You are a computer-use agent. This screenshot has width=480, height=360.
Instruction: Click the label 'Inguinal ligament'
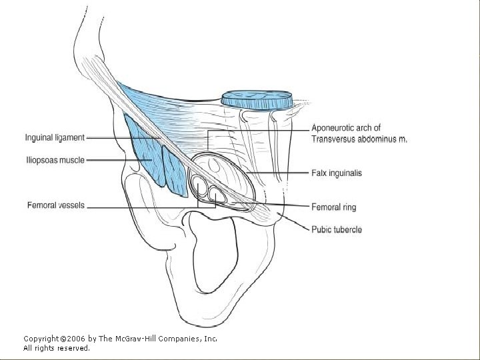click(x=55, y=138)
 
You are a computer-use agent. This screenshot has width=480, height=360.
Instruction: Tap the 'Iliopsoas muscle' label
click(x=55, y=160)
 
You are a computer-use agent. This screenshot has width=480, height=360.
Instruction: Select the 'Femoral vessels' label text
click(x=56, y=205)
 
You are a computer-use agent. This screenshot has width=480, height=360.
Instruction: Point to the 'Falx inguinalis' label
click(x=337, y=173)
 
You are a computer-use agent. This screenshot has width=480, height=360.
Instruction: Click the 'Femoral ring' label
click(x=334, y=207)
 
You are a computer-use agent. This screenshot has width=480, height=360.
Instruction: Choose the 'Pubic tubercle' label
click(x=337, y=229)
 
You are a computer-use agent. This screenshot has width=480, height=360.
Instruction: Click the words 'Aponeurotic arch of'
click(x=345, y=128)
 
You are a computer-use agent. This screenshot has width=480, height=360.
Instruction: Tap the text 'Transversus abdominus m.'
click(x=359, y=139)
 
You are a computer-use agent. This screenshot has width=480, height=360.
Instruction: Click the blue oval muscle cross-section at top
click(x=257, y=99)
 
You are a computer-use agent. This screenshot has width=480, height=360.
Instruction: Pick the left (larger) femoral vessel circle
click(x=200, y=186)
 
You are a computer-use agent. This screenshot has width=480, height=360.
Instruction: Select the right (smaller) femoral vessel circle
click(x=217, y=195)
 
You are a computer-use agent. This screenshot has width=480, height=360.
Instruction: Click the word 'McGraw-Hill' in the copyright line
click(x=139, y=339)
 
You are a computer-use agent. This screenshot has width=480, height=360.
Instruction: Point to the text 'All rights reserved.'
click(x=57, y=348)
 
